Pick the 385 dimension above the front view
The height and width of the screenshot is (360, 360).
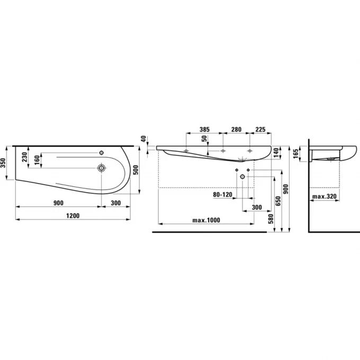pyautogui.click(x=204, y=129)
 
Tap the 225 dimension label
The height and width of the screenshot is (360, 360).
pyautogui.click(x=260, y=129)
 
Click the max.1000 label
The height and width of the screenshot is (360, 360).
pyautogui.click(x=206, y=220)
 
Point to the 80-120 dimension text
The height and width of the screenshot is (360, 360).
pyautogui.click(x=222, y=195)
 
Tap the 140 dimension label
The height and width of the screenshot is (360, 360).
pyautogui.click(x=276, y=152)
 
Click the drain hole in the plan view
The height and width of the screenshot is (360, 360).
pyautogui.click(x=101, y=168)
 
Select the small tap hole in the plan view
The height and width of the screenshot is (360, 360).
pyautogui.click(x=101, y=152)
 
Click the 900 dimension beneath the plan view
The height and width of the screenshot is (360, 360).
pyautogui.click(x=58, y=203)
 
